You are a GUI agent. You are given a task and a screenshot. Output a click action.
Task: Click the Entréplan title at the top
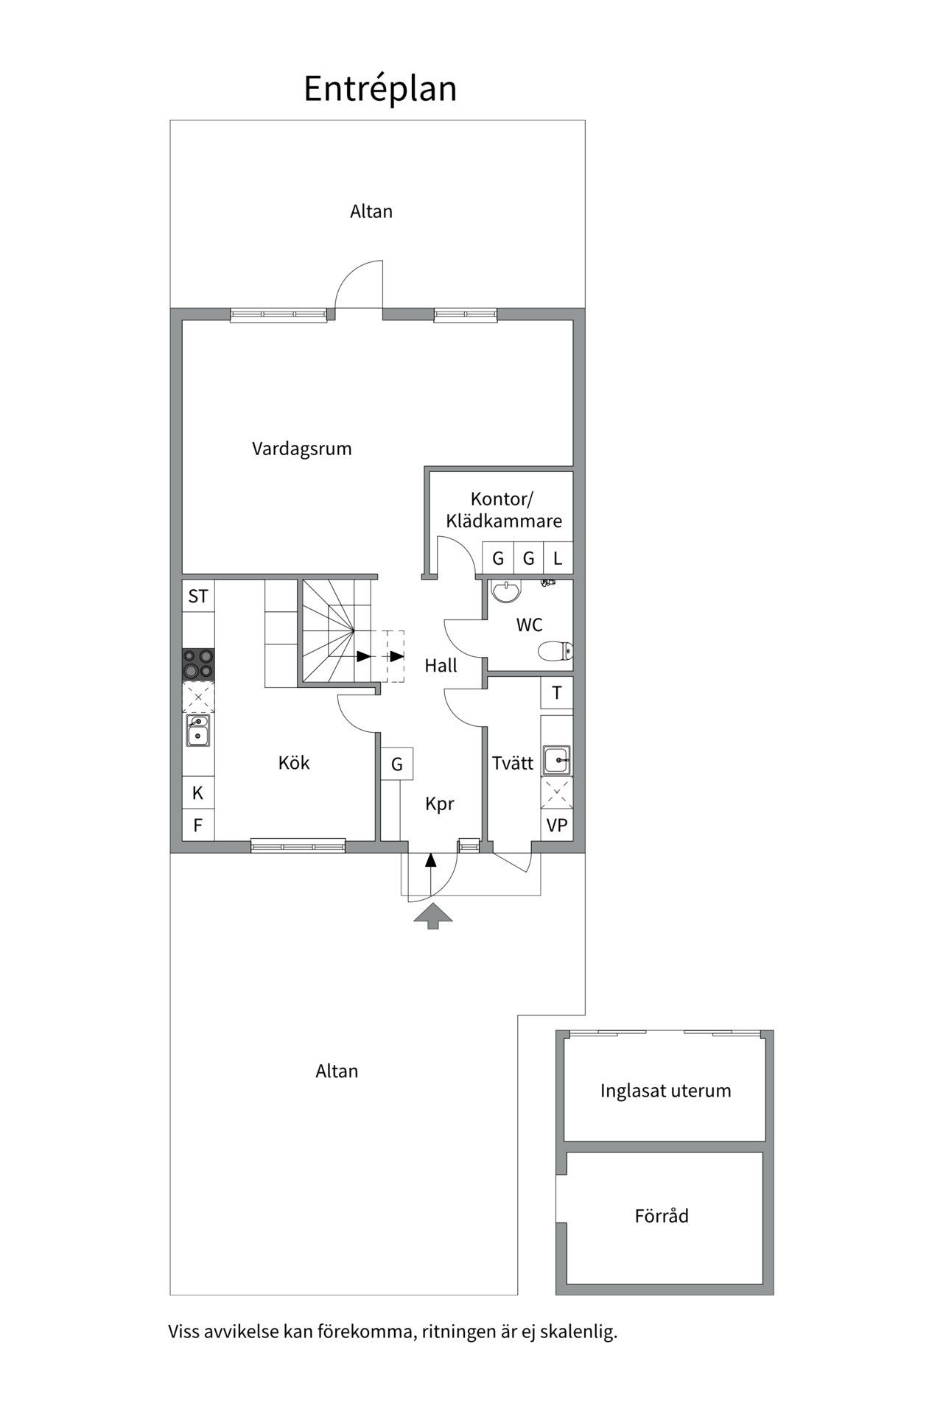pos(380,89)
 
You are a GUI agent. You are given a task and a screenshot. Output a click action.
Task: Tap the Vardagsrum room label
pos(302,449)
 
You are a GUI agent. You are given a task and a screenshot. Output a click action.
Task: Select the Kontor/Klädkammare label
pos(504,510)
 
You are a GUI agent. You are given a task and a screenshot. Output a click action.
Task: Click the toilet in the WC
pos(555,651)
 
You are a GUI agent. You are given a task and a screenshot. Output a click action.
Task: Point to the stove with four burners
pos(198,664)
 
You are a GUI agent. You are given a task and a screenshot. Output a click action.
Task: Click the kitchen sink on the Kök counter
pos(197,731)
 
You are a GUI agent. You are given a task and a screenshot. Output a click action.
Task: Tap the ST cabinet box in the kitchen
pos(198,596)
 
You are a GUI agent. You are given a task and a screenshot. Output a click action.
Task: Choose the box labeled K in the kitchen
pos(198,793)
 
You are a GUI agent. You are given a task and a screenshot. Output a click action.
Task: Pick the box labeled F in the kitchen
pos(198,825)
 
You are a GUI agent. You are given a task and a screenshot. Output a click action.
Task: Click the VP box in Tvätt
pos(557,825)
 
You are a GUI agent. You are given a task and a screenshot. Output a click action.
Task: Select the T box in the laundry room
pos(557,693)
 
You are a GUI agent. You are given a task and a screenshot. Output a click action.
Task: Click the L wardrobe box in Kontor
pos(558,558)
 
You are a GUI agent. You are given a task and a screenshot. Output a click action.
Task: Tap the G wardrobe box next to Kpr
pos(397,764)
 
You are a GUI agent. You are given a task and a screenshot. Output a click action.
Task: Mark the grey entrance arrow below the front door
pos(433,915)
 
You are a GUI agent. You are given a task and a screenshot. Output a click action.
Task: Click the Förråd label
pos(662,1216)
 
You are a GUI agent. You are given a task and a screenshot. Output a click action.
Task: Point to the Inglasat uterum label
pos(666,1091)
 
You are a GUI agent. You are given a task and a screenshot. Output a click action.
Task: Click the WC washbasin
pos(505,591)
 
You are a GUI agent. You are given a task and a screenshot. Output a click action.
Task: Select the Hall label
pos(441,666)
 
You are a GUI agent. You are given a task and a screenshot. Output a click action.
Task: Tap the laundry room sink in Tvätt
pos(556,759)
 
